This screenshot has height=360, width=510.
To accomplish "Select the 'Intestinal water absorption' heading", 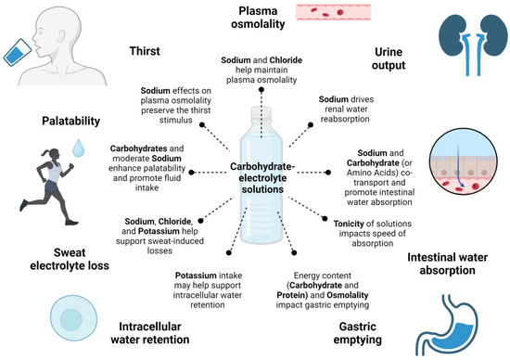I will (x=448, y=264).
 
